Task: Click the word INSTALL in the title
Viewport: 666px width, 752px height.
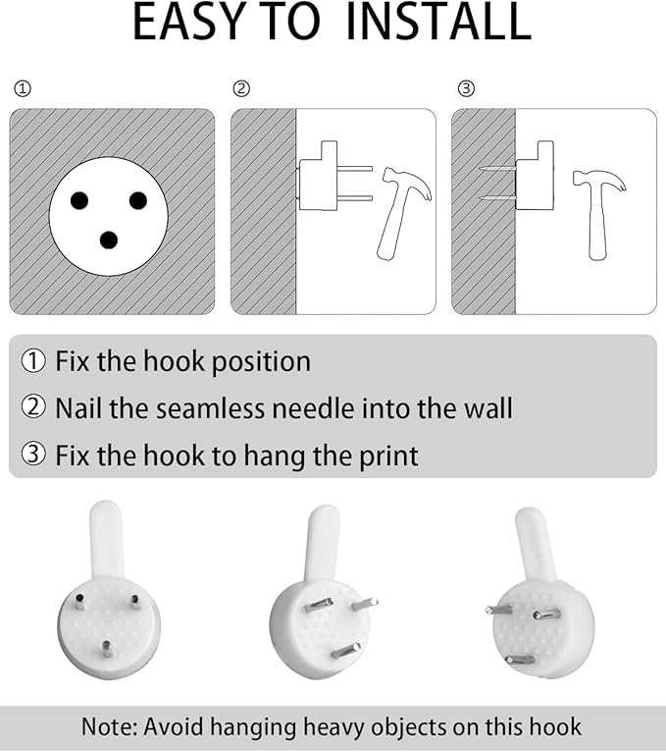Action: (x=437, y=22)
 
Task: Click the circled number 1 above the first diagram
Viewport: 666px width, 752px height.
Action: (x=23, y=88)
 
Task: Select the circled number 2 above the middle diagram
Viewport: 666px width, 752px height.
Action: (x=241, y=88)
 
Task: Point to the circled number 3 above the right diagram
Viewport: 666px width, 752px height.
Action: (x=466, y=88)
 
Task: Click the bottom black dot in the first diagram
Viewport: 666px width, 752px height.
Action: (x=109, y=240)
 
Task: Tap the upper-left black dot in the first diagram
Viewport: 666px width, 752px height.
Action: (x=79, y=200)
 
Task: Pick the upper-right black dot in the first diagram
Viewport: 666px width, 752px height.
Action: (x=138, y=200)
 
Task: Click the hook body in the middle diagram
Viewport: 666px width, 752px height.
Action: (x=318, y=176)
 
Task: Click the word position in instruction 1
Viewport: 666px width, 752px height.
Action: (x=261, y=362)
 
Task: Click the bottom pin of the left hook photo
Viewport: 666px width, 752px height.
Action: (x=106, y=650)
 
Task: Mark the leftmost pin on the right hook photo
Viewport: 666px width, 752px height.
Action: (x=498, y=610)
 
